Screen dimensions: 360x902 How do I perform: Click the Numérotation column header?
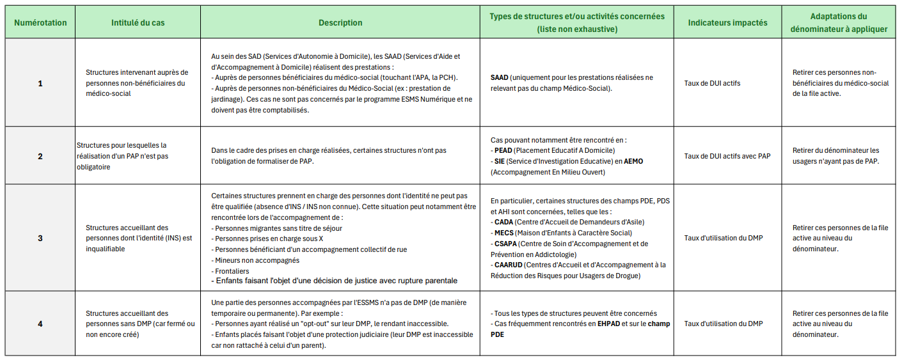coord(40,22)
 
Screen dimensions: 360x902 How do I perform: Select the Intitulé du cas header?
coord(138,22)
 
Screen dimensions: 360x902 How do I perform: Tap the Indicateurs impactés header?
coord(727,22)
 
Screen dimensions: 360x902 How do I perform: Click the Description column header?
coord(340,22)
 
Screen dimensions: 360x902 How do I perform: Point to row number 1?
coord(40,83)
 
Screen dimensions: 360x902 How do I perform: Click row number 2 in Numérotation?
coord(40,156)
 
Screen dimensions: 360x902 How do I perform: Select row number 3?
coord(40,238)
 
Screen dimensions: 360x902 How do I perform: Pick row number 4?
coord(40,324)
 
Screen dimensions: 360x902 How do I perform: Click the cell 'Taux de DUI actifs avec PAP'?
coord(727,156)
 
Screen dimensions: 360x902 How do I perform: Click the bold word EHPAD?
coord(610,324)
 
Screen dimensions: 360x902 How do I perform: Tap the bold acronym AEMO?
coord(635,161)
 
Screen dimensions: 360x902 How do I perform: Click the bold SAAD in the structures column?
coord(500,77)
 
